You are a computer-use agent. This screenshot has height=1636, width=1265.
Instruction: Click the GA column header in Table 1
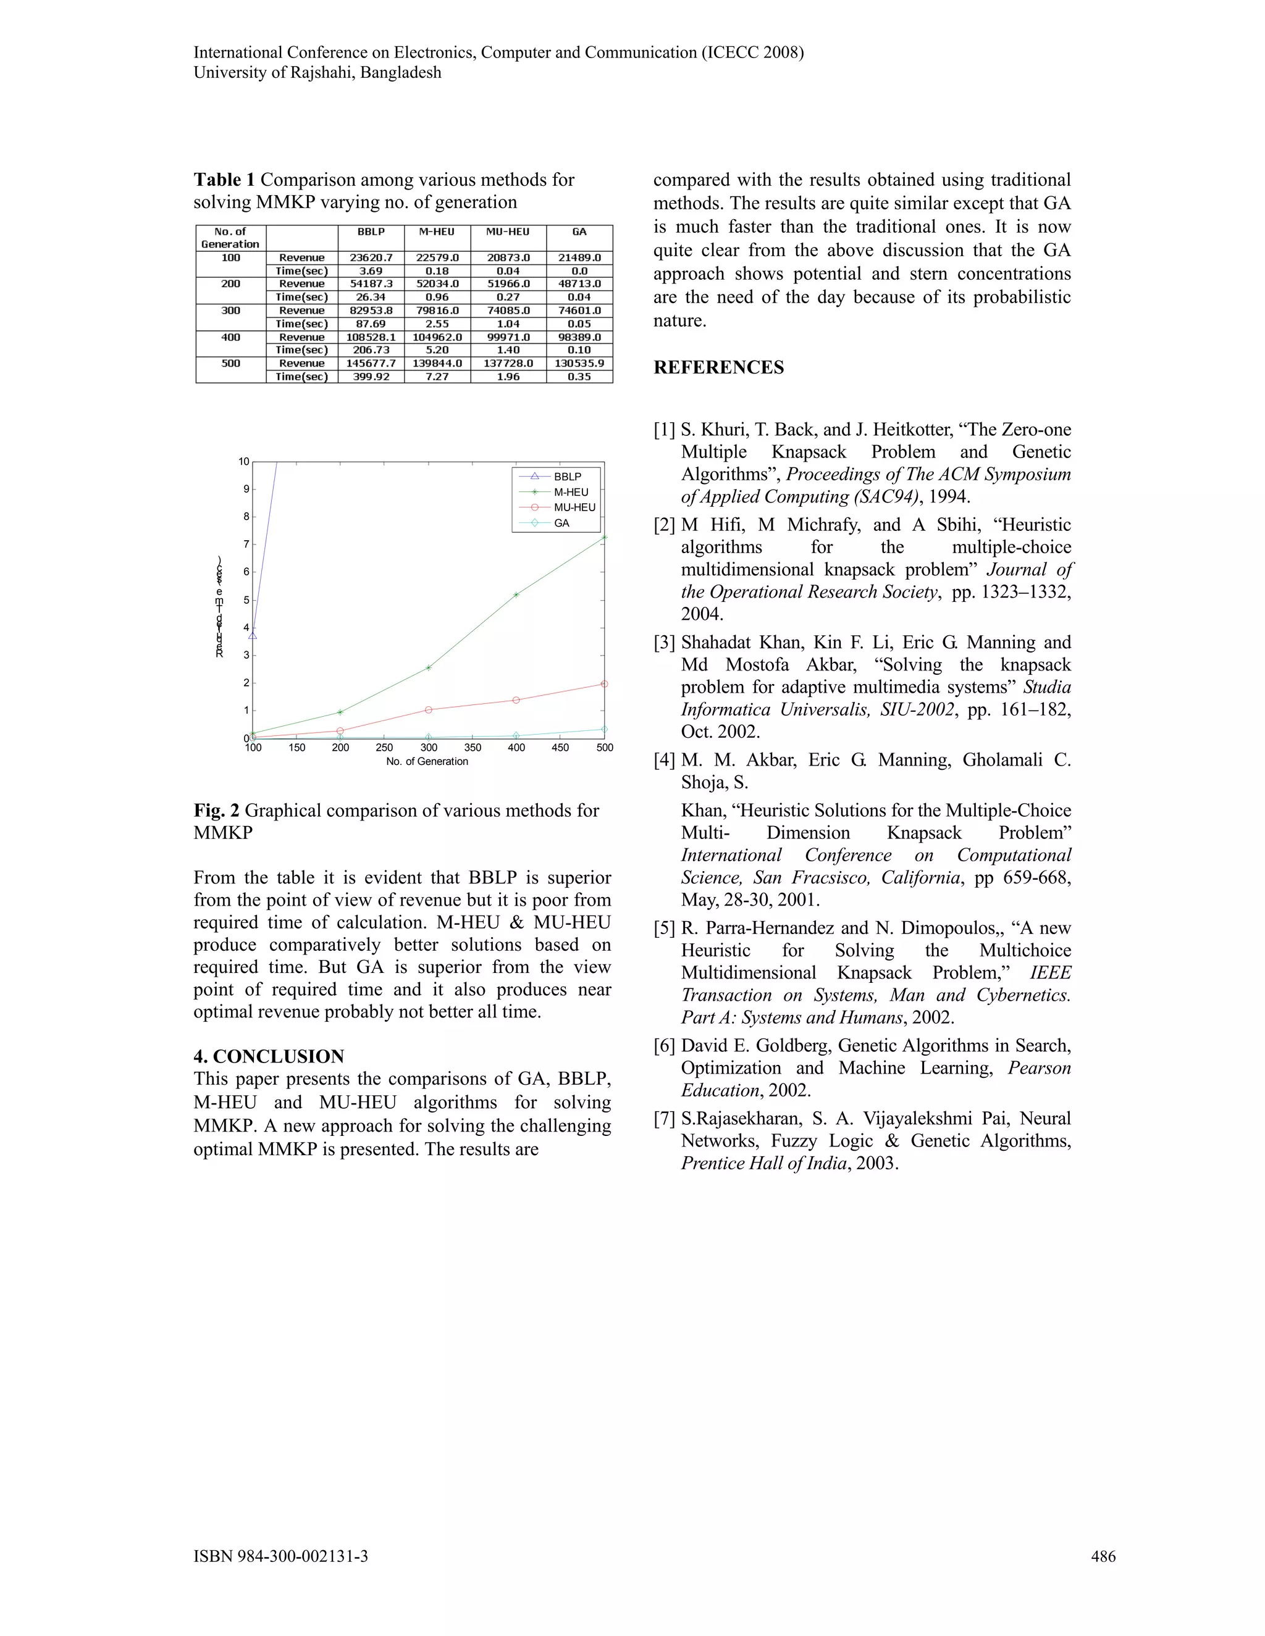tap(579, 232)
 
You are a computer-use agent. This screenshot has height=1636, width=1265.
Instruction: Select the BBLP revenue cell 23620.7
tap(371, 257)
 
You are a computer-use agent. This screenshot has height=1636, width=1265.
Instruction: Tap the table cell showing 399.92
tap(371, 377)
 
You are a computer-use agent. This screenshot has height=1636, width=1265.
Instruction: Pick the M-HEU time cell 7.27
tap(437, 377)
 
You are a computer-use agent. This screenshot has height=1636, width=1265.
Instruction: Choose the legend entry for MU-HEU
tap(574, 507)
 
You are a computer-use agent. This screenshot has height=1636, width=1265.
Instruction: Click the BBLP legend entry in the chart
tap(567, 477)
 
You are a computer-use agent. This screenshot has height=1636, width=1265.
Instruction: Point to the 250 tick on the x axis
tap(384, 748)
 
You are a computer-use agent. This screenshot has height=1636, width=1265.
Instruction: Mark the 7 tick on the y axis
tap(246, 545)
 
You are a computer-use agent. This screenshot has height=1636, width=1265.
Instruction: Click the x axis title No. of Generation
tap(427, 762)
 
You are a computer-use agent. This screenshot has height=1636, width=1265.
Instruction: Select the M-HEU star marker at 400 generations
tap(516, 595)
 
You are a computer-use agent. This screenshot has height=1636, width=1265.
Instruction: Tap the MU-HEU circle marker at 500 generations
tap(605, 684)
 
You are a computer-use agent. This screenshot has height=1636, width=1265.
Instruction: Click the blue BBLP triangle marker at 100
tap(253, 636)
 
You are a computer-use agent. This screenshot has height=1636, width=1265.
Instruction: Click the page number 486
tap(1103, 1556)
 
